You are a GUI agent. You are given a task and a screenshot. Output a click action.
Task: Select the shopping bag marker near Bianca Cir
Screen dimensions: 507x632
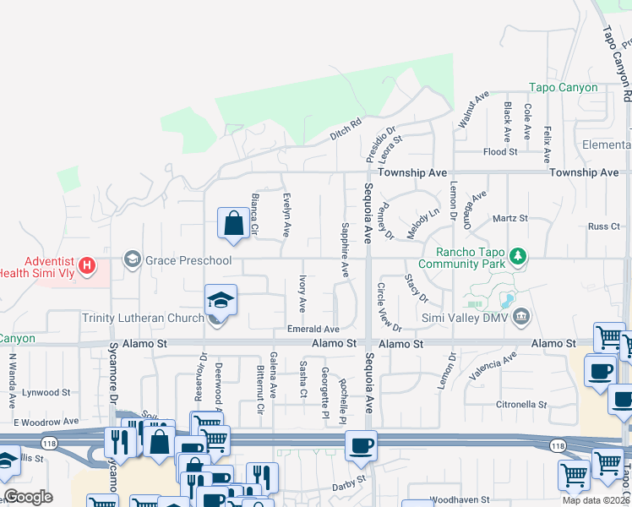coord(233,224)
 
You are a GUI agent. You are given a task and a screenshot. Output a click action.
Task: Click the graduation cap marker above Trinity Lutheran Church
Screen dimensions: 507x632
coord(220,302)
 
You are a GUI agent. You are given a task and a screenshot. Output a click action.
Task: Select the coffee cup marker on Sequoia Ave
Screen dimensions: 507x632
coord(361,445)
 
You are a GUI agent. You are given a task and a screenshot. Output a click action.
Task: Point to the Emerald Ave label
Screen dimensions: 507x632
coord(313,329)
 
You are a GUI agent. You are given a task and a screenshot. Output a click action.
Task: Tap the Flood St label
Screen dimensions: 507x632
coord(499,152)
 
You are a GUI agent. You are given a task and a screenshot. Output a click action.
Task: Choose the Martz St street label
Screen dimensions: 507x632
coord(509,218)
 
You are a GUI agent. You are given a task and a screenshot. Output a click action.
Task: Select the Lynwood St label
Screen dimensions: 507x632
coord(46,392)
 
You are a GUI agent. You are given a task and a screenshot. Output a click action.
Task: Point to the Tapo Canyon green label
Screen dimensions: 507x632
coord(563,87)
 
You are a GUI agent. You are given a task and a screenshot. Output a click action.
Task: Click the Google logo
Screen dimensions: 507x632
coord(28,498)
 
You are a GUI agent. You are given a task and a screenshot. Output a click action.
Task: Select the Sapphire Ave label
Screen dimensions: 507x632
coord(345,250)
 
